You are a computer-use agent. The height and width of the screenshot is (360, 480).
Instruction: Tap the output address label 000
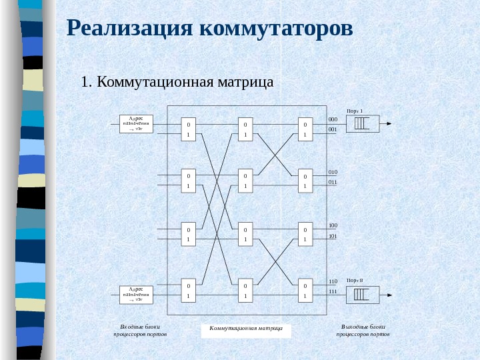pos(333,119)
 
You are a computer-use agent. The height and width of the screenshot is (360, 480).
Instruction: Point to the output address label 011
pos(333,182)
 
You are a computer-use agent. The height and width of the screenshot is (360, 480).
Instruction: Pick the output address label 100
pos(333,226)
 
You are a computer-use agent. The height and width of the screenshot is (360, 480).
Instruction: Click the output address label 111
pos(333,292)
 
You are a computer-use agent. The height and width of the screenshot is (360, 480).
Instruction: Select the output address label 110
pos(333,281)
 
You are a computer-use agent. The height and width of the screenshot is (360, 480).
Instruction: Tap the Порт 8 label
pos(354,281)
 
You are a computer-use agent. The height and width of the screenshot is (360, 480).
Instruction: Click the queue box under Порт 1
pos(362,123)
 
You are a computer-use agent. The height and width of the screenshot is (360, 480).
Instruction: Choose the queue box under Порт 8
pos(362,294)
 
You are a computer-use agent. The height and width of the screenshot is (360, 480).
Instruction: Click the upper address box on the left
pos(136,124)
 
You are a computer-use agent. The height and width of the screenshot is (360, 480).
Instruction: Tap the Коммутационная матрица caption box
pos(246,329)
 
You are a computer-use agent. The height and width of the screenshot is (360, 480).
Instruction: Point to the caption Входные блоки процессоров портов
pos(140,330)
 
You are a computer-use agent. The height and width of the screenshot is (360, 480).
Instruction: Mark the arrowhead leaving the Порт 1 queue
pos(389,123)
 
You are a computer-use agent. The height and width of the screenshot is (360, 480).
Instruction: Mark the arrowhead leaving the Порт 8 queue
pos(389,294)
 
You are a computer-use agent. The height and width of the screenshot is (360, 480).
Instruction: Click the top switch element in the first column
pos(188,129)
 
